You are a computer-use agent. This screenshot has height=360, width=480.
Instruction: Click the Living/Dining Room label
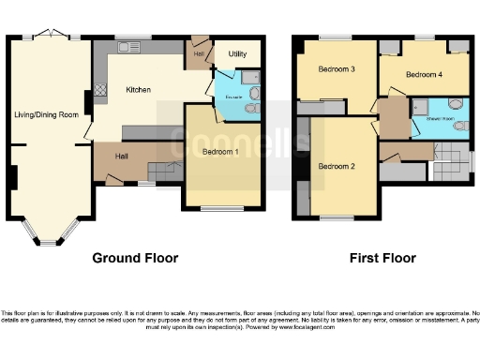(44, 115)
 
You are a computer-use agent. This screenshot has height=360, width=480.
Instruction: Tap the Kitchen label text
(139, 90)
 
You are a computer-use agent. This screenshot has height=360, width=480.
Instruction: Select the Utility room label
(237, 54)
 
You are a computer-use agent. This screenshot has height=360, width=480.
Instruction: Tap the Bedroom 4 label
(423, 73)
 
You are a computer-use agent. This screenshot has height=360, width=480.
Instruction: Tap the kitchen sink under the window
(128, 46)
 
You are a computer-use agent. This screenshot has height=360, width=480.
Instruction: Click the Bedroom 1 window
(222, 208)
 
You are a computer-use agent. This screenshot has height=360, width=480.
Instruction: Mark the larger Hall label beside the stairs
(123, 157)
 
